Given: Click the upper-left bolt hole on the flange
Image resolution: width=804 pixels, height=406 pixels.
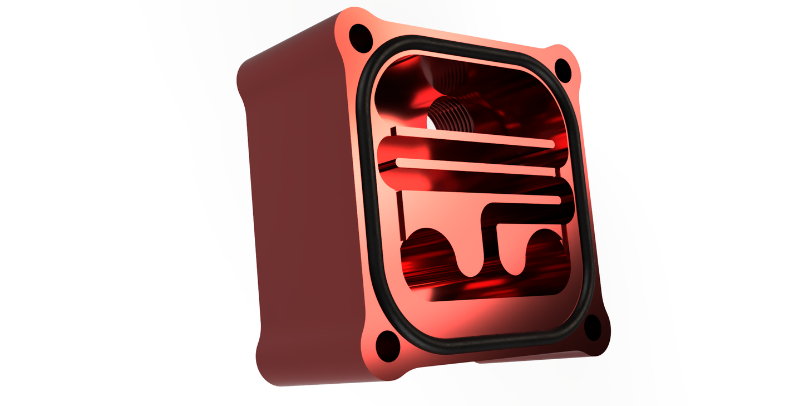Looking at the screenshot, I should (361, 36).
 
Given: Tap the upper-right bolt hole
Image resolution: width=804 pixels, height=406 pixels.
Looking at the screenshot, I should (563, 70).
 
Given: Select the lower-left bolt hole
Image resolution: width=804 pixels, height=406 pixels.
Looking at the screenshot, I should (387, 345).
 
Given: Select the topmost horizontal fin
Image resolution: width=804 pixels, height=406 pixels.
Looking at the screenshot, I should (473, 137).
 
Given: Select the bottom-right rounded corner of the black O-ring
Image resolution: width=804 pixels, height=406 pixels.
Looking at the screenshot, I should (579, 329).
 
